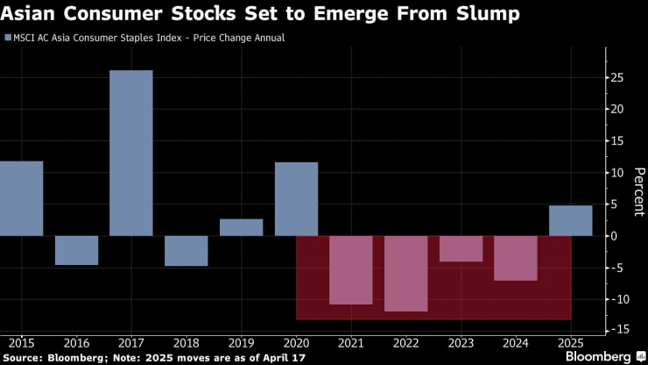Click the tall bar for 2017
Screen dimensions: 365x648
[x=131, y=153]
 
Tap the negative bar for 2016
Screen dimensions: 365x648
[x=76, y=250]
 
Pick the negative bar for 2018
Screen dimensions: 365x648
[x=187, y=251]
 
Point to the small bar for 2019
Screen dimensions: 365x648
[x=241, y=227]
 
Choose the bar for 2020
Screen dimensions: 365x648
[x=296, y=199]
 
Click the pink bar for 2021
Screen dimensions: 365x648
[x=351, y=270]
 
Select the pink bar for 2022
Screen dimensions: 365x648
[x=405, y=274]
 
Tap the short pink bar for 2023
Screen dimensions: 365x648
[x=461, y=249]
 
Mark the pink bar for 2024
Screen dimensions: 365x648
[x=516, y=258]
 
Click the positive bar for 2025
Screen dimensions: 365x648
[x=570, y=220]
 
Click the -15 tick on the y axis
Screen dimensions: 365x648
[x=618, y=330]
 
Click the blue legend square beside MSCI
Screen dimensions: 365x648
[x=8, y=39]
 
